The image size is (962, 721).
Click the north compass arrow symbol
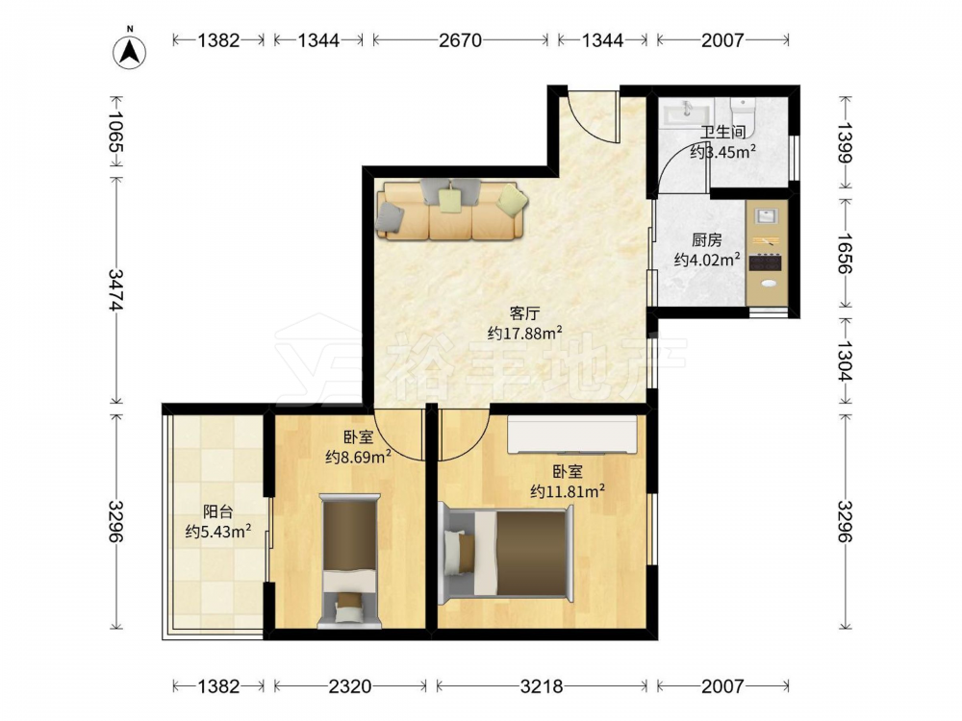[130, 51]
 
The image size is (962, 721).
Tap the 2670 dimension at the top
[460, 40]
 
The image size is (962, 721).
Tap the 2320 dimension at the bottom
[350, 686]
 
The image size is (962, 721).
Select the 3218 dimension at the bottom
[541, 686]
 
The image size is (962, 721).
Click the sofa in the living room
[452, 209]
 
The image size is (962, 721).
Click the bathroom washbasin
[685, 114]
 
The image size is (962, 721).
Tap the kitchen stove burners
[766, 263]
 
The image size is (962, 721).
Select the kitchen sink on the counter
[766, 216]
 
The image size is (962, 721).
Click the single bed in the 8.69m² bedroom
[350, 561]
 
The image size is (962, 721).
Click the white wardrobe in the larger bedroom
[571, 435]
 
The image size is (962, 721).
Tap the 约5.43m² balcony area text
[218, 532]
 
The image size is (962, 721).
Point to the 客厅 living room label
[524, 314]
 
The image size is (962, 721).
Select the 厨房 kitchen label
[707, 240]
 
